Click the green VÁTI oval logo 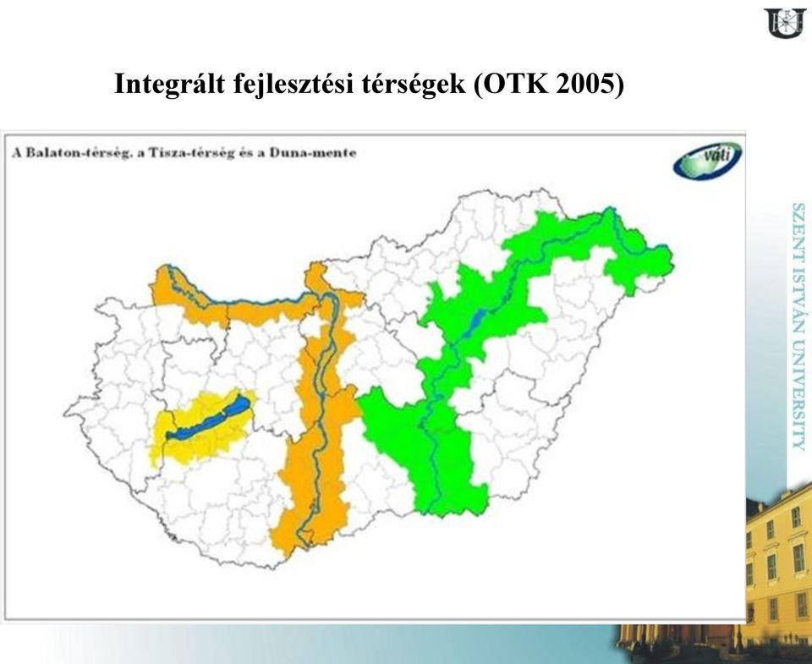coord(707,160)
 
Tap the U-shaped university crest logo coord(785,22)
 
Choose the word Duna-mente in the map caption coord(313,153)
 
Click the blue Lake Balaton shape coord(208,419)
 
